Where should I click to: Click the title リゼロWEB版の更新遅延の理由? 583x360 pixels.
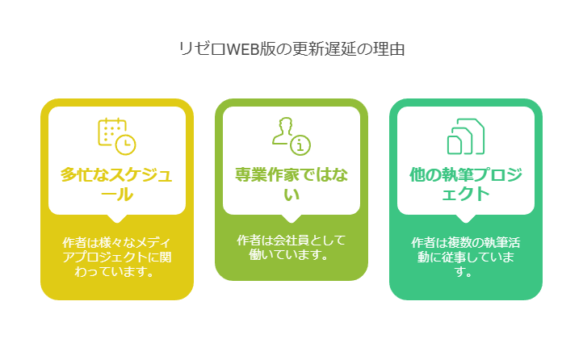point(291,49)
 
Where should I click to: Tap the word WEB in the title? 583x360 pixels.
point(242,49)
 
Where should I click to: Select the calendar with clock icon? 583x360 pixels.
point(117,136)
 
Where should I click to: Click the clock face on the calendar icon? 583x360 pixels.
point(126,144)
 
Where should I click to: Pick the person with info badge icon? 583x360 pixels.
point(291,136)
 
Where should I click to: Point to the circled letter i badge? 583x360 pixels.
point(300,145)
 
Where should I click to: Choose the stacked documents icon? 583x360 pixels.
point(466,136)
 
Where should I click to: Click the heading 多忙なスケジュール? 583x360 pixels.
point(117,184)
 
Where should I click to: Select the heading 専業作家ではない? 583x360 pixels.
point(291,184)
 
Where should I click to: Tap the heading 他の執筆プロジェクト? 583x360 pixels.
point(466,184)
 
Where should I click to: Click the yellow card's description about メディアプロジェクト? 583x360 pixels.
point(117,257)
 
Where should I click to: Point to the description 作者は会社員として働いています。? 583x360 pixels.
point(291,248)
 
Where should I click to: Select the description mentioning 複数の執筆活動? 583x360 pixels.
point(466,257)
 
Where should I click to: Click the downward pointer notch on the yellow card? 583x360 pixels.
point(117,219)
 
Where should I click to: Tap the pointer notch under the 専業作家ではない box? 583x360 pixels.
point(291,219)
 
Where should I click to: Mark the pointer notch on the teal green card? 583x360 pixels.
point(466,219)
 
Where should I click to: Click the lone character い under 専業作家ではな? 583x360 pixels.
point(291,195)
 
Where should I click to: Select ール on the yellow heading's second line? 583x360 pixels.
point(117,195)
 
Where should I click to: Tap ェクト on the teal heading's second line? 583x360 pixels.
point(466,195)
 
